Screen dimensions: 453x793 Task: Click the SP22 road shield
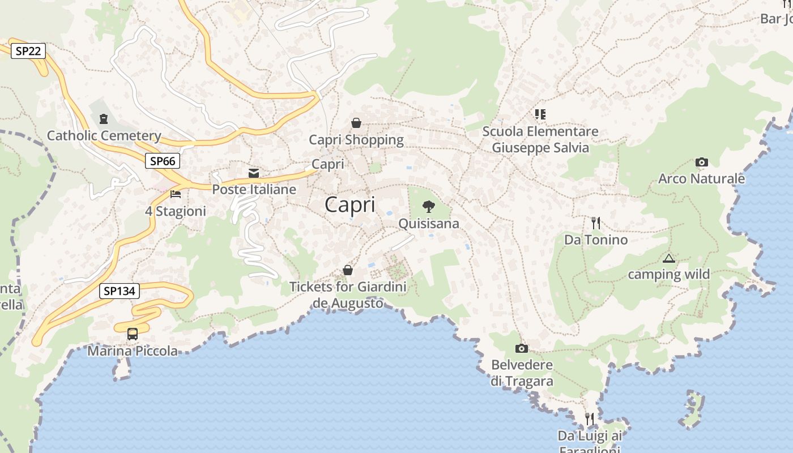click(28, 51)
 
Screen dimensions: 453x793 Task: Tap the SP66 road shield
click(163, 161)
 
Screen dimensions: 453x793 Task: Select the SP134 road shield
click(119, 291)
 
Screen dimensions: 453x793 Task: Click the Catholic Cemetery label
click(104, 136)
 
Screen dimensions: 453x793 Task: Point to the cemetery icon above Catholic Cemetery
click(104, 119)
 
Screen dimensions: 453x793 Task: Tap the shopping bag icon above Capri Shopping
click(356, 123)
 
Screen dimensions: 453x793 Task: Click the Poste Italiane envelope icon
click(254, 173)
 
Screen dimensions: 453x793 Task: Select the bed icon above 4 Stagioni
click(176, 194)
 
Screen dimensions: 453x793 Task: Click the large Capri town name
click(350, 204)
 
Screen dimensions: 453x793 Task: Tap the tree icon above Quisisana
click(429, 206)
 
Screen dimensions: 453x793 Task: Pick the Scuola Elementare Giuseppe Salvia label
click(540, 140)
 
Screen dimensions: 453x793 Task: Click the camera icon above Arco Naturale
click(701, 163)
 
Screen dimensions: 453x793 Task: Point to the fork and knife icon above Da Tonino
click(595, 223)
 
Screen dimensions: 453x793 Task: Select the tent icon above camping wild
click(668, 259)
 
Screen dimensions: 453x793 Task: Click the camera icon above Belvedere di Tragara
click(522, 348)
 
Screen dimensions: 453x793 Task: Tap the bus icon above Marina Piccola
click(133, 334)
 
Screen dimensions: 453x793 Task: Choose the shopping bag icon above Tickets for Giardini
click(348, 271)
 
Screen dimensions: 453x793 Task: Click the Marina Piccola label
click(133, 351)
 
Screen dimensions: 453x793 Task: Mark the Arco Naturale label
click(701, 179)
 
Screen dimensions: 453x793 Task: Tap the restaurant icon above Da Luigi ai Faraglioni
click(590, 419)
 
